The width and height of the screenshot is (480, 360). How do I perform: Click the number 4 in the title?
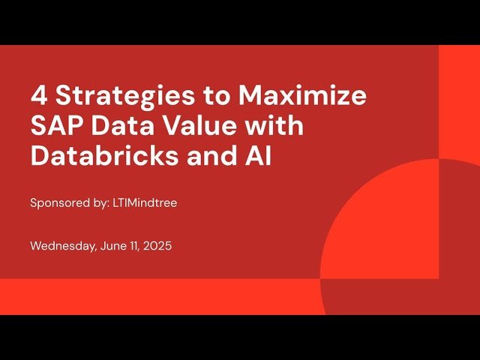point(38,97)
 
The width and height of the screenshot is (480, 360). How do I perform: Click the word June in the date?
point(114,246)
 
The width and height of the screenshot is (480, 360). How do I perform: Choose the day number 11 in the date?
point(136,246)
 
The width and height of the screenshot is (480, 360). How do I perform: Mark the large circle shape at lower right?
point(405,240)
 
